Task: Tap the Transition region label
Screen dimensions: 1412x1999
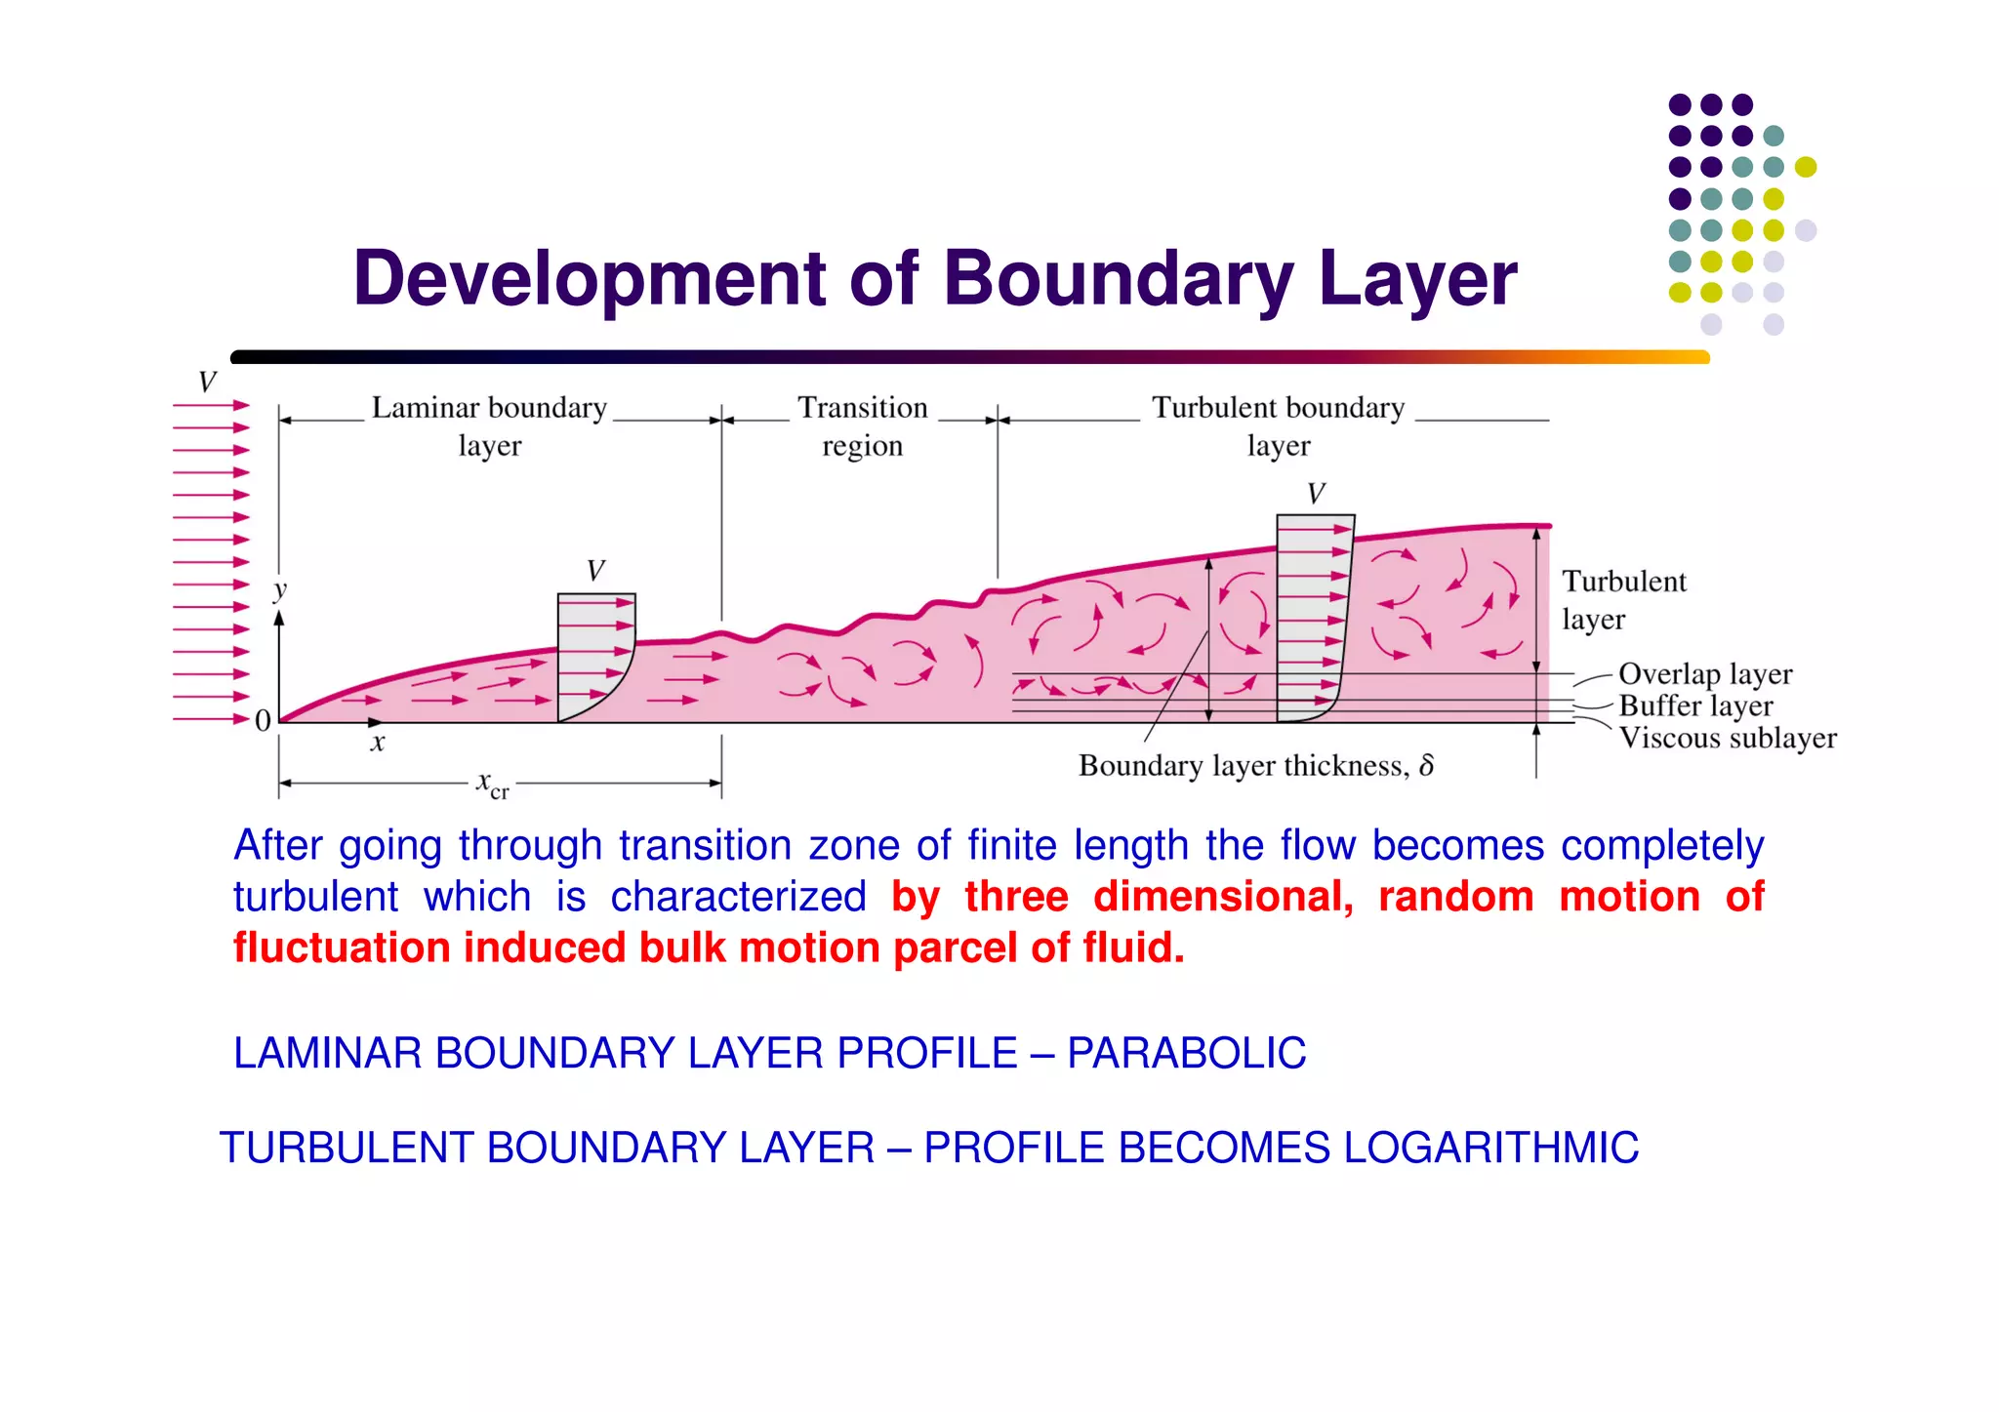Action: point(862,426)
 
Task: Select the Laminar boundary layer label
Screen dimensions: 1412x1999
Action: point(489,426)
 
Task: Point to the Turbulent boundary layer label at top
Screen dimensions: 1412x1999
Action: point(1278,426)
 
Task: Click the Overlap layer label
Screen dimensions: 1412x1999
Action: point(1704,674)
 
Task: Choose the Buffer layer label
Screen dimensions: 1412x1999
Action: point(1695,706)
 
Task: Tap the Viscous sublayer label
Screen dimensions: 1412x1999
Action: point(1727,738)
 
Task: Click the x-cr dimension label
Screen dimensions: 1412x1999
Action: point(492,785)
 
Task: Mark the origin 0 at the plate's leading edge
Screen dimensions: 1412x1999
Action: point(263,721)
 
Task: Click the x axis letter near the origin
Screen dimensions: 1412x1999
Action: point(378,744)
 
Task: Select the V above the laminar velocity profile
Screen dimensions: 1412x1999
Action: point(595,571)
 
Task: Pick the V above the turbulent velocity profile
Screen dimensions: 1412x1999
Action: point(1316,494)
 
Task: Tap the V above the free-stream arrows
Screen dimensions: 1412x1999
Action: point(207,382)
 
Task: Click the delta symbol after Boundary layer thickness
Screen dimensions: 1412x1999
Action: point(1426,766)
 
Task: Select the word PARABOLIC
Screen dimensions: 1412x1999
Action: point(1186,1054)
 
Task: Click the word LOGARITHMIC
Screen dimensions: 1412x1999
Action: point(1490,1149)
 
